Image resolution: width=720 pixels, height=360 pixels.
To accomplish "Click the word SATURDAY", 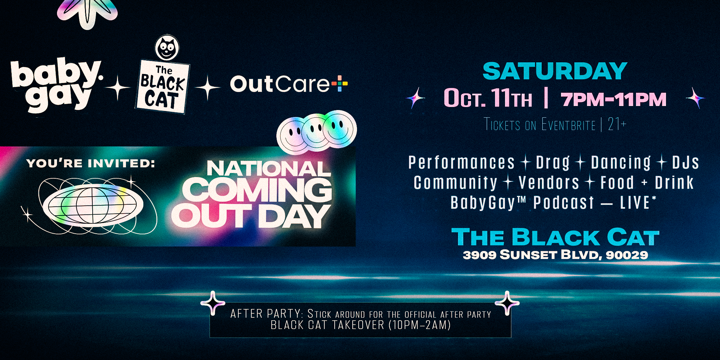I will [x=555, y=71].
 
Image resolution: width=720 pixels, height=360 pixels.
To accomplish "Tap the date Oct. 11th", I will [x=488, y=98].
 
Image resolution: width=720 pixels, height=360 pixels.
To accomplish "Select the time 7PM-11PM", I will [x=614, y=99].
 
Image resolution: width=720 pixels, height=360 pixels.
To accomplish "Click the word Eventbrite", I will [x=568, y=125].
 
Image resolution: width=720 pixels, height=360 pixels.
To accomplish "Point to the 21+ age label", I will [x=617, y=124].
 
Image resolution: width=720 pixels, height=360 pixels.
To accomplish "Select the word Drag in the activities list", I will [x=553, y=163].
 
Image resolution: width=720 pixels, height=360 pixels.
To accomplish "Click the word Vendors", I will [x=549, y=183].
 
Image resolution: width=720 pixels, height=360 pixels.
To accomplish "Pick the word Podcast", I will [x=564, y=203].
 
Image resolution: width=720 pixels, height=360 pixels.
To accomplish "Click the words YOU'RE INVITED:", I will [x=91, y=163].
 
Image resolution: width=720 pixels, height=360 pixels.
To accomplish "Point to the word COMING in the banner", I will [x=257, y=190].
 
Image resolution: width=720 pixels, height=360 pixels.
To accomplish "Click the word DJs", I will [x=685, y=163].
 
